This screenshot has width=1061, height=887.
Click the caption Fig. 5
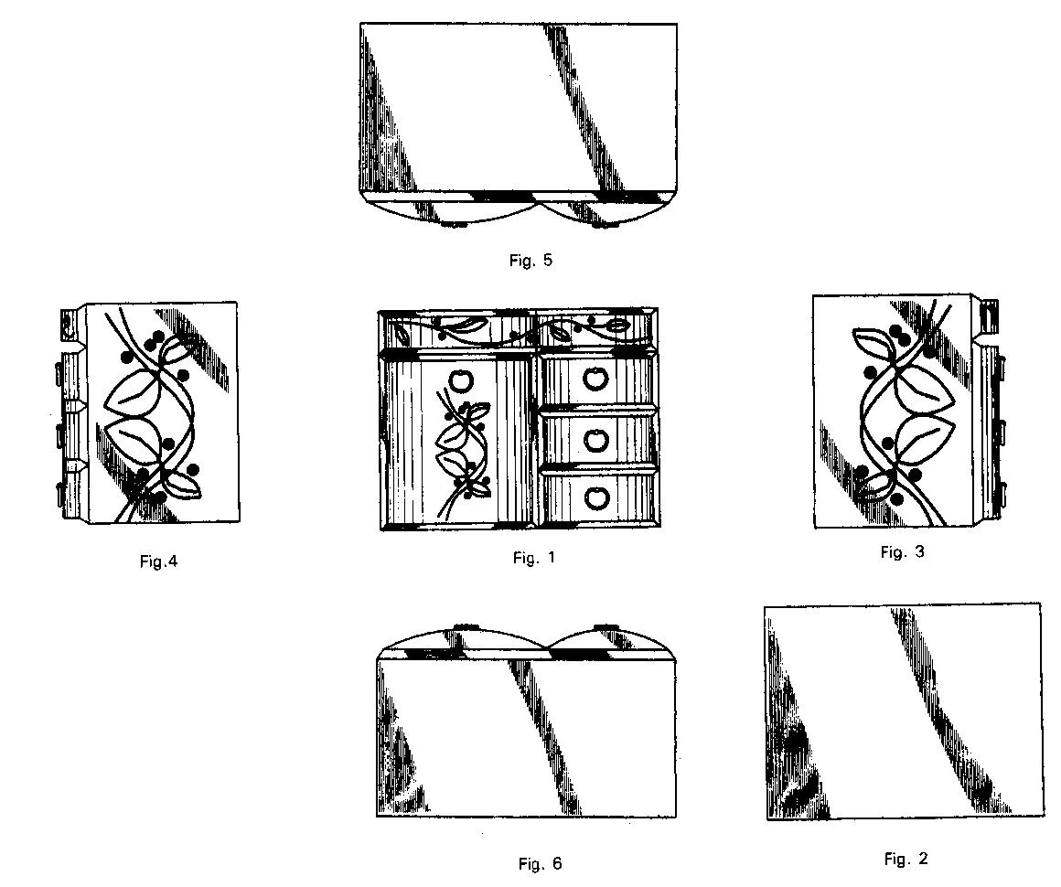[530, 261]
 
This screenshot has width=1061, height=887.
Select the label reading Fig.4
[158, 561]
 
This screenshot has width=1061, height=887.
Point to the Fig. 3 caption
[903, 552]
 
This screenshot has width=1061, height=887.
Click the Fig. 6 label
[540, 863]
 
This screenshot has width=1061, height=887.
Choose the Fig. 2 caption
[906, 859]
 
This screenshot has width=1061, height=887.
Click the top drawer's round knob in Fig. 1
[596, 378]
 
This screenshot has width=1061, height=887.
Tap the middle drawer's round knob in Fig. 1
[596, 440]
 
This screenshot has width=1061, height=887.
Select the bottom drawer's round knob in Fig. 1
[596, 498]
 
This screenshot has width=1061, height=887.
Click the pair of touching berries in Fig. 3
[898, 336]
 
